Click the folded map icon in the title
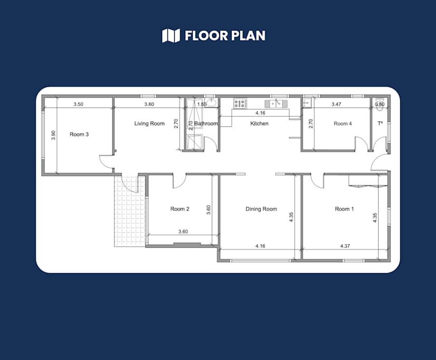tap(171, 36)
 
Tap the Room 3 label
tap(79, 134)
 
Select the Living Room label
tap(149, 124)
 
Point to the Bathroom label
tap(206, 124)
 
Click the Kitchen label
tap(259, 124)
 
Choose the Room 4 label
tap(342, 124)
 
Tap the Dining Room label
tap(261, 209)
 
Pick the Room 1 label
tap(344, 209)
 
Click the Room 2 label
tap(180, 209)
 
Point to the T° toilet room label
tap(380, 124)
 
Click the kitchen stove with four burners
tap(241, 104)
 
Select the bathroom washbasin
tap(211, 103)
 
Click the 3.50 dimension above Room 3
tap(78, 104)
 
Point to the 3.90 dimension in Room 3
tap(53, 135)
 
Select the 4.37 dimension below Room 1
tap(345, 246)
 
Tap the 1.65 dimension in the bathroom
tap(202, 104)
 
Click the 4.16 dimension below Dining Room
tap(260, 246)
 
